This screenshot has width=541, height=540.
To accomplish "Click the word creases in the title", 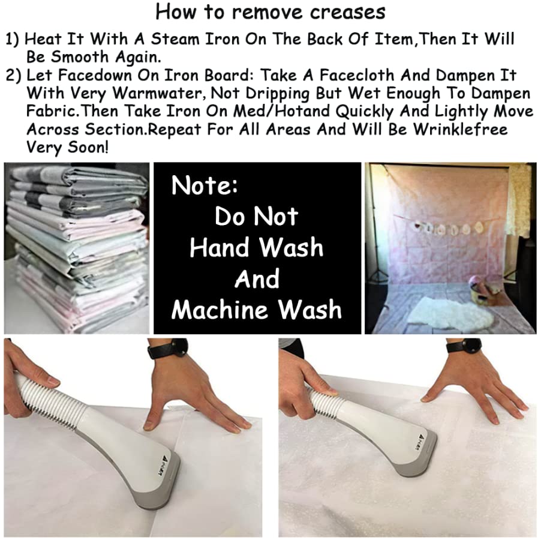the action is click(347, 13).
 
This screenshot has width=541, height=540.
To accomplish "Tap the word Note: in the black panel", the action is click(205, 185).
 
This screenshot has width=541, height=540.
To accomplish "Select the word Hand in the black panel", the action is click(220, 247).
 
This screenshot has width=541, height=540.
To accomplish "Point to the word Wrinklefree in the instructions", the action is click(461, 129).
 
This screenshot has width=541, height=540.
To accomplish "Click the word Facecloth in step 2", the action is click(357, 75).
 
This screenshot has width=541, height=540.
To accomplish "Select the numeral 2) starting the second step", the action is click(13, 76).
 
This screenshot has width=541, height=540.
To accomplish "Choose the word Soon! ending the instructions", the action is click(88, 148).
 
